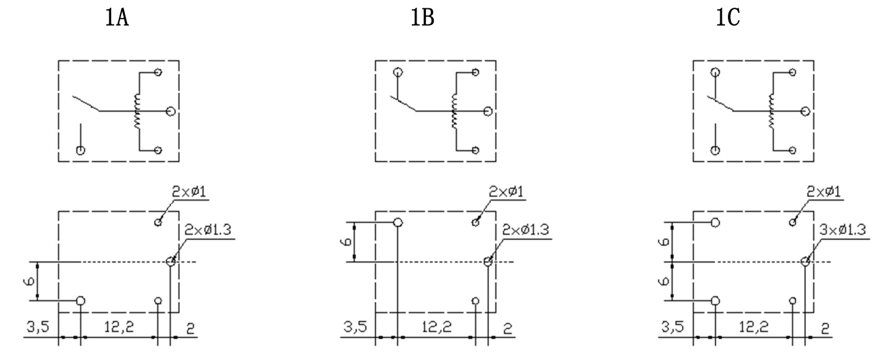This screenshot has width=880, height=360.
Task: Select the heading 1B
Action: tap(422, 20)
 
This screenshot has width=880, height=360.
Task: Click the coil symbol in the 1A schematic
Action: tap(138, 111)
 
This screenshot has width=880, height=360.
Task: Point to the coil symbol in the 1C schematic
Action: tap(772, 111)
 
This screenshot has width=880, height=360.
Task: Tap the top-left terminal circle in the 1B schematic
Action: tap(398, 73)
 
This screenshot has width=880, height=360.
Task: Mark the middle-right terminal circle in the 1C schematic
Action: tap(806, 111)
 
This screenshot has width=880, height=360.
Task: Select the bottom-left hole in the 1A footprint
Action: tap(81, 301)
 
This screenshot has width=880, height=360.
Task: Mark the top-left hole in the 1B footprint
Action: tap(398, 223)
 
